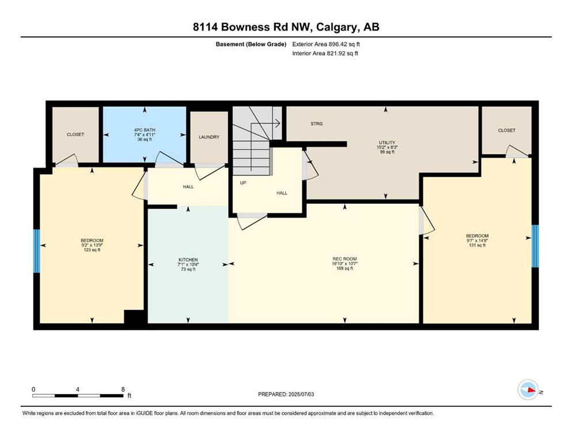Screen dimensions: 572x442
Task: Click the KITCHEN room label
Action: [188, 260]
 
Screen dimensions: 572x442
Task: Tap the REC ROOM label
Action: [344, 259]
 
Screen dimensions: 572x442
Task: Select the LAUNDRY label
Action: [209, 137]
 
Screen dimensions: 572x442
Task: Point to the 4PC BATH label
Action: [145, 129]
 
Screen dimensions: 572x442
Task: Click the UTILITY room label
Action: [387, 143]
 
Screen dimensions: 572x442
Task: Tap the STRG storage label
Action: [317, 124]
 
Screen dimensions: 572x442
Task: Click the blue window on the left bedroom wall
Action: [36, 251]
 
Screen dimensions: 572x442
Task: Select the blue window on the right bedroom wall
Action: [535, 246]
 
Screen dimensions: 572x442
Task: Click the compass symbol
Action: [528, 390]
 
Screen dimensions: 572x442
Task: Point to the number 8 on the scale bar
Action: [123, 389]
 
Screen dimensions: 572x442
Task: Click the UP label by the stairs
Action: [243, 182]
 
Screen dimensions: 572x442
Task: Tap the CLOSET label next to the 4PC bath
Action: [75, 135]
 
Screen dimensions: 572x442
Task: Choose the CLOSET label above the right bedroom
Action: [507, 130]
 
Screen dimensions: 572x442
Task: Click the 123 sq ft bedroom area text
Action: [92, 250]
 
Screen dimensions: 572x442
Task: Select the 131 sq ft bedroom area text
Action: [477, 245]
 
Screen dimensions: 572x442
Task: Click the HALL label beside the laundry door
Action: [188, 186]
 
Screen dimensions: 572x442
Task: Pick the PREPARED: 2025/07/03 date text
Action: [286, 394]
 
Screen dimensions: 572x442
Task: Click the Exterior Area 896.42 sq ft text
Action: [326, 44]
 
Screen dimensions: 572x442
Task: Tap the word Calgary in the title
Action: [335, 27]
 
